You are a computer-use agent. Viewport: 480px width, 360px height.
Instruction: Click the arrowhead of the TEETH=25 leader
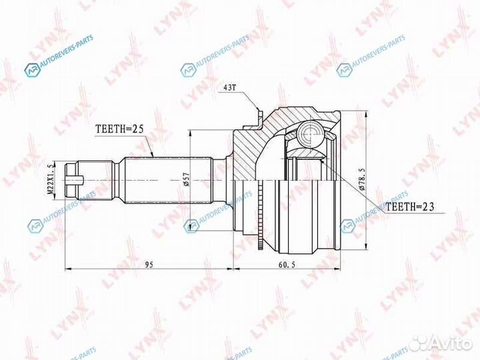click(154, 157)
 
